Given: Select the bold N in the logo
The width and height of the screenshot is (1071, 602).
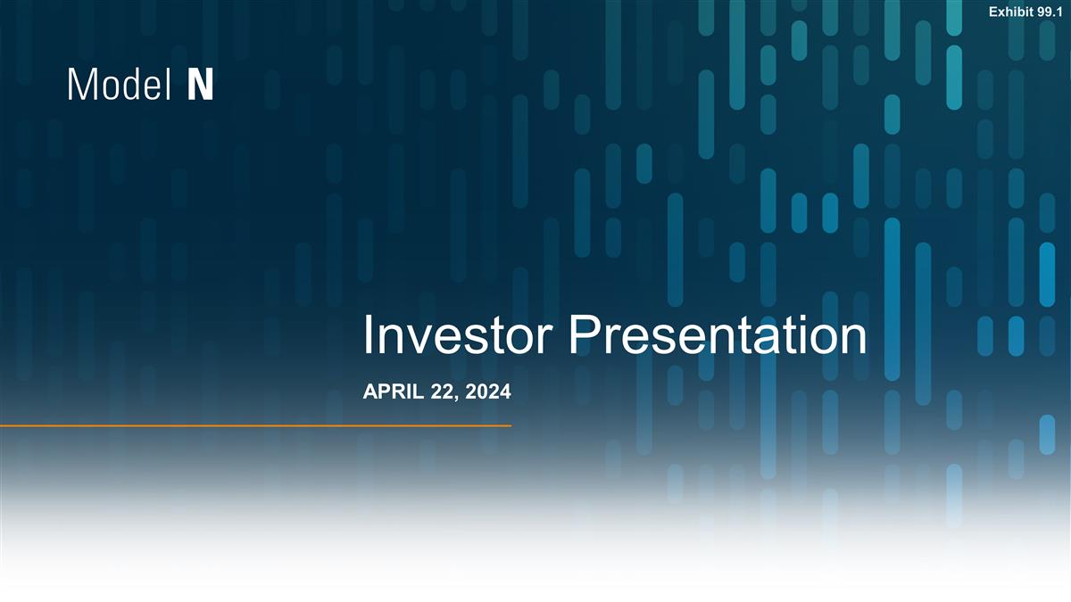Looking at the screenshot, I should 201,86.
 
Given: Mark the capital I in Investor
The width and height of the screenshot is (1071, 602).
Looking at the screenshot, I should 369,336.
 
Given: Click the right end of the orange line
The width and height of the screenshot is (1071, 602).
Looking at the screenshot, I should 509,426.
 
